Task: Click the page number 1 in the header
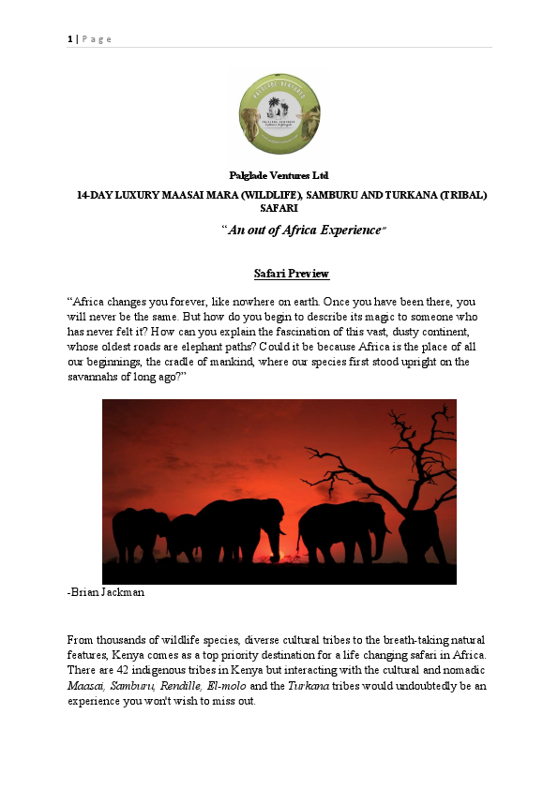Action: (x=68, y=38)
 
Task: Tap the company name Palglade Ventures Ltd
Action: (x=279, y=175)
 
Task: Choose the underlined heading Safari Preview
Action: (x=292, y=274)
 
